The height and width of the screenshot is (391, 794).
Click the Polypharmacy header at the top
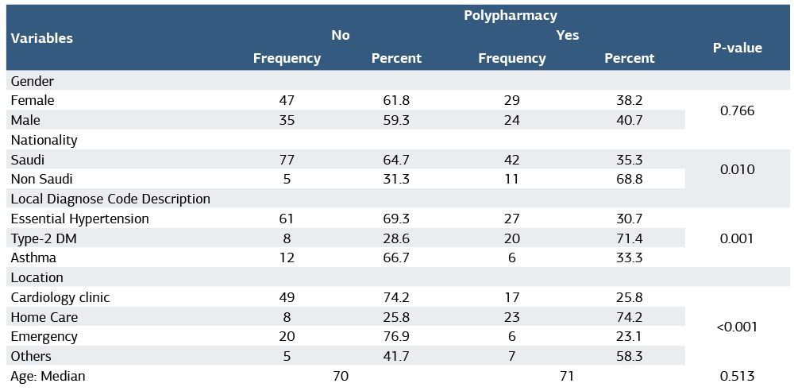tap(510, 15)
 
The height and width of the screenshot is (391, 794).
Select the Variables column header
tap(42, 38)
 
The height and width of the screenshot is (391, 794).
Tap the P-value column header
tap(737, 48)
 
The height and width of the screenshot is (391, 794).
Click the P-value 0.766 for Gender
tap(737, 110)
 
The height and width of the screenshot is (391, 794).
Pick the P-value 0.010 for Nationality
tap(737, 169)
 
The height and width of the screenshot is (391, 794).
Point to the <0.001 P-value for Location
tap(737, 327)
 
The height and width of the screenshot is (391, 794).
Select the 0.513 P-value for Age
tap(737, 376)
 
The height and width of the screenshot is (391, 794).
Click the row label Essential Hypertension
tap(79, 219)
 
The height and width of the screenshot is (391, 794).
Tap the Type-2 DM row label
tap(44, 238)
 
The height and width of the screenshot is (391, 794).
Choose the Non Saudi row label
tap(41, 179)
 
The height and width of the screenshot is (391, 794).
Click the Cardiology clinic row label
tap(60, 297)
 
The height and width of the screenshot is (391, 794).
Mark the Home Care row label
tap(44, 317)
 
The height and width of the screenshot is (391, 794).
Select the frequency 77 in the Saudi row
tap(287, 160)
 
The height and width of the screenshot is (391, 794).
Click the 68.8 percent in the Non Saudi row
tap(629, 179)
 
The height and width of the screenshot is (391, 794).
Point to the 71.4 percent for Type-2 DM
tap(629, 238)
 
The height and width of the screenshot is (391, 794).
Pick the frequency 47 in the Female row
tap(287, 100)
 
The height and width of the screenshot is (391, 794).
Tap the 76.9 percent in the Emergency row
tap(396, 336)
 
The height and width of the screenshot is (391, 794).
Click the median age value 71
tap(566, 376)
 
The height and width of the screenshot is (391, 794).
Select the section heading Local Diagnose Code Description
tap(110, 199)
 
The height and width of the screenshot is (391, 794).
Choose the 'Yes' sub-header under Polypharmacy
tap(568, 35)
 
